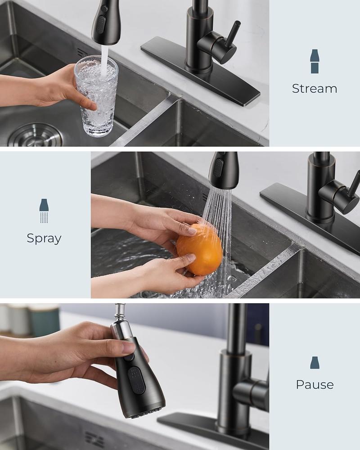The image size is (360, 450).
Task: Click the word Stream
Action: coord(314,89)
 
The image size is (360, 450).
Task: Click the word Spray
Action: coord(44,238)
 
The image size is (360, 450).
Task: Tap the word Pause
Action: coord(315,385)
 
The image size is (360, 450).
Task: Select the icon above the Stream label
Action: coord(315,62)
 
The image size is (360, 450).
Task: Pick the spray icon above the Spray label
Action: coord(44,211)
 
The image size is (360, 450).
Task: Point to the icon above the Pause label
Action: coord(315,363)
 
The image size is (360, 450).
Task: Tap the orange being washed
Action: coord(199,249)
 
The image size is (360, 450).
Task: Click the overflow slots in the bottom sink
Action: coord(94,439)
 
